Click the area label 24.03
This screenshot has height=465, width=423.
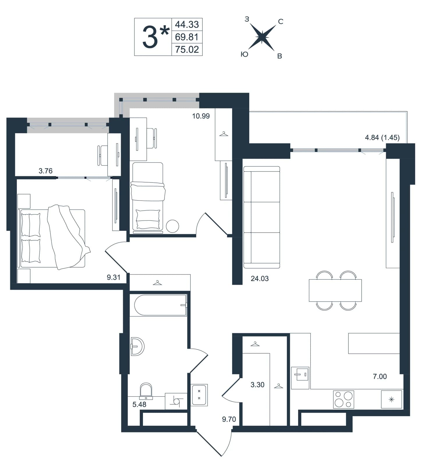click(x=260, y=279)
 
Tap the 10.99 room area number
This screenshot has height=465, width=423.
click(x=201, y=116)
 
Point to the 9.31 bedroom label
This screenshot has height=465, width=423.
click(x=114, y=278)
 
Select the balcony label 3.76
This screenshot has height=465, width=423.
click(x=46, y=171)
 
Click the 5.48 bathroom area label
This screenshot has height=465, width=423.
click(x=139, y=404)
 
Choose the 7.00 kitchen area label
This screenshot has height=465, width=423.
click(x=380, y=377)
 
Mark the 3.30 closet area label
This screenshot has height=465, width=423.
click(x=258, y=385)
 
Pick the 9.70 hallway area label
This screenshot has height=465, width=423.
click(x=229, y=419)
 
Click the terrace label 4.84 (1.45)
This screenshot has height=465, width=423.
click(x=382, y=137)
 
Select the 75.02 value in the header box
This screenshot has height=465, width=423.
click(x=187, y=50)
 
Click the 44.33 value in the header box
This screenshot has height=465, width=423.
click(x=187, y=25)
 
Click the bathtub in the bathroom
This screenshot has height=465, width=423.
click(x=160, y=305)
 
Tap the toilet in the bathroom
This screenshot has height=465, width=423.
click(x=146, y=391)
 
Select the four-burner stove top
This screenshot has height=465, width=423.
click(x=344, y=399)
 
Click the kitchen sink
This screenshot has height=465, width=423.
click(x=300, y=377)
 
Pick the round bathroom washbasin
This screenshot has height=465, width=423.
click(x=137, y=346)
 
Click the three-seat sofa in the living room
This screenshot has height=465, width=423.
click(x=261, y=217)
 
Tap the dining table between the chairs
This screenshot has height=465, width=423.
click(x=335, y=290)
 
